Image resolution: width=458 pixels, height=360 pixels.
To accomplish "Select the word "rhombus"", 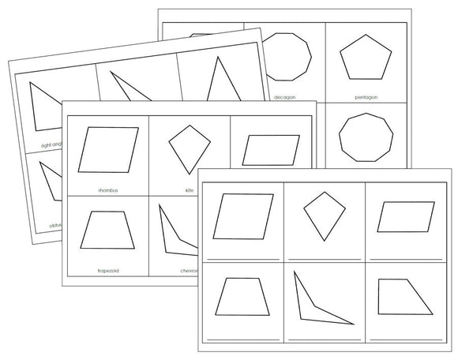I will pyautogui.click(x=109, y=189).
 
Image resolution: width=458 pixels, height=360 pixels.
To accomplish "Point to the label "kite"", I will pyautogui.click(x=190, y=189).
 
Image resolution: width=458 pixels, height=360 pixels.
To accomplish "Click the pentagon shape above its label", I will pyautogui.click(x=366, y=60).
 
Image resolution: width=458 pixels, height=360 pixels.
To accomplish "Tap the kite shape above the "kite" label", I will pyautogui.click(x=190, y=147).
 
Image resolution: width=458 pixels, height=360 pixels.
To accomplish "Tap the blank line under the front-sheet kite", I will pyautogui.click(x=323, y=259).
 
